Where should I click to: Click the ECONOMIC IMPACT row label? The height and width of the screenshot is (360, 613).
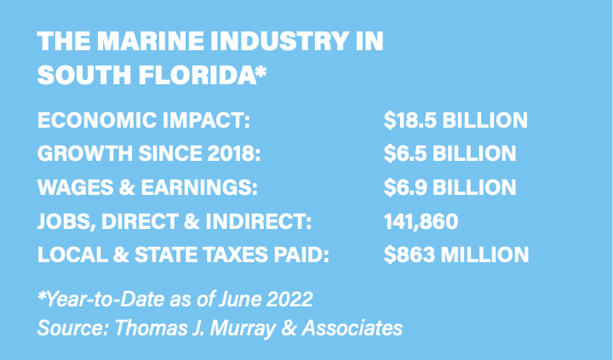pos(143,120)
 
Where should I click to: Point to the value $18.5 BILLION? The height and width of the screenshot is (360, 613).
pos(455,120)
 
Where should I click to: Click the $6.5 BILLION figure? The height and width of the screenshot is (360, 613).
pos(450,154)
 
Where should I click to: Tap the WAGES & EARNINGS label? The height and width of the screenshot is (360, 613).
pos(146,187)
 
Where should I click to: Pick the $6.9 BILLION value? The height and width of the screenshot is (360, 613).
pos(450,187)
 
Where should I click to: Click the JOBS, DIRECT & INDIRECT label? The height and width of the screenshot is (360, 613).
pos(175,221)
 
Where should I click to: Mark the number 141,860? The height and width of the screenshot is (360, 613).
pos(421,221)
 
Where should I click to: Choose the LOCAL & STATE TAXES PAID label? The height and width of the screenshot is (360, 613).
pos(183,254)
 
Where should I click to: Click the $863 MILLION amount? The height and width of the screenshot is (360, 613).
pos(455,254)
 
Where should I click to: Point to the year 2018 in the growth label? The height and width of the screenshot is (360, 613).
pos(232,154)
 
